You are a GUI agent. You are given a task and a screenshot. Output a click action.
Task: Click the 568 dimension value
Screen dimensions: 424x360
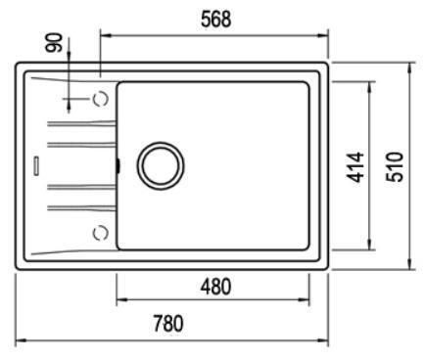pyautogui.click(x=215, y=19)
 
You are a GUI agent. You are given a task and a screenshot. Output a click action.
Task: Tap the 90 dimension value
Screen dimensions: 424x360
pyautogui.click(x=54, y=42)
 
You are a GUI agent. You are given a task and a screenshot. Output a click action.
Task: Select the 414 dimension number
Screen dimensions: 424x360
pyautogui.click(x=355, y=166)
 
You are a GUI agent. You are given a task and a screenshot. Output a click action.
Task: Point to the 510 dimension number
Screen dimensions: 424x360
pyautogui.click(x=395, y=166)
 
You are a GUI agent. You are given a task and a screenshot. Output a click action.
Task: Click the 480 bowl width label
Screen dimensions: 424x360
pyautogui.click(x=215, y=287)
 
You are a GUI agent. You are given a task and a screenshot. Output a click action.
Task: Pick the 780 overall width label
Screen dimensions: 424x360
pyautogui.click(x=168, y=323)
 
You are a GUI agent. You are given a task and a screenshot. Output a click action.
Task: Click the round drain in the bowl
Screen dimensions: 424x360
pyautogui.click(x=161, y=166)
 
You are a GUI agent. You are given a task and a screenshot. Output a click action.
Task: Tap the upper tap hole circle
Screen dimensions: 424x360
pyautogui.click(x=101, y=99)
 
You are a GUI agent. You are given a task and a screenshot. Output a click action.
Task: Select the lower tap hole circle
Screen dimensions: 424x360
pyautogui.click(x=101, y=233)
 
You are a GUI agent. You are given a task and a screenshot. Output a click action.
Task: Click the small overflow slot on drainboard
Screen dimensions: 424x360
pyautogui.click(x=36, y=166)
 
